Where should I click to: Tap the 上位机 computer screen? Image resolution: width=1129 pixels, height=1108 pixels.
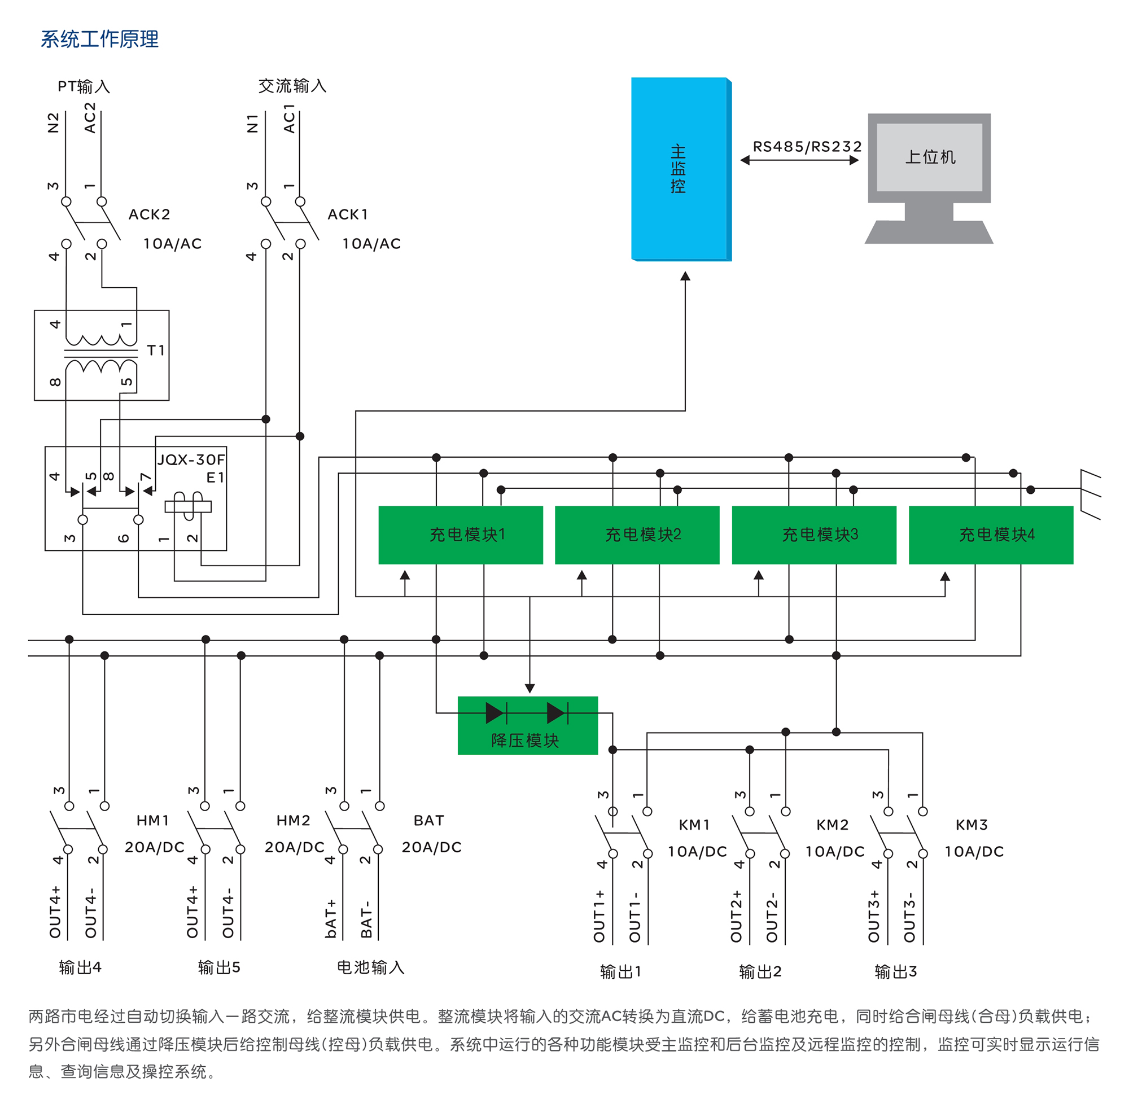point(929,157)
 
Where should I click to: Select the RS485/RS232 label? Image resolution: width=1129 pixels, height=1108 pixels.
point(807,147)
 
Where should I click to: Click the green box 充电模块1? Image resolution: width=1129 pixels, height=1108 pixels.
point(460,535)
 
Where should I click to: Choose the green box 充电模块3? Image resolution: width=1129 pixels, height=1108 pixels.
point(813,535)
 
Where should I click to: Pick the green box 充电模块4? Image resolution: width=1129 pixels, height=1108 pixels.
point(991,535)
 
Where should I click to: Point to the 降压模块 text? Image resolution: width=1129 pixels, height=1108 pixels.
point(525,740)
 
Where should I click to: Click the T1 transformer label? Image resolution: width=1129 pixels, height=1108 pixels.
point(156,351)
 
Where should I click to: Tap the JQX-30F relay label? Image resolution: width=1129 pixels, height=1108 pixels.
point(191,459)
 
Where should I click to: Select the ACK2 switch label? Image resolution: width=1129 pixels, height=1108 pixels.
point(150,214)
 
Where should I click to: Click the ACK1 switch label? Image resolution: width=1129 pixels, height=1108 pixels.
point(348,214)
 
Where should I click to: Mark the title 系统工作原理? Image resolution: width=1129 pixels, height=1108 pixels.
point(99,39)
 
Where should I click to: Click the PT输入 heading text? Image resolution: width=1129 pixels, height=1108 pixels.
point(84,87)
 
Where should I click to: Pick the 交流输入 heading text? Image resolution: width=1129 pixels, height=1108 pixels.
point(292,86)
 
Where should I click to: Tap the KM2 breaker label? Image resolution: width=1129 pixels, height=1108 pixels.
point(832,825)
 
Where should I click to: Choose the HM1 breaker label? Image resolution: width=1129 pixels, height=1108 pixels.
point(153,821)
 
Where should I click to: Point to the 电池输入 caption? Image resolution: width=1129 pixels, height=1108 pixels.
point(370,967)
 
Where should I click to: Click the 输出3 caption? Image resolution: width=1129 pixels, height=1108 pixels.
point(896,971)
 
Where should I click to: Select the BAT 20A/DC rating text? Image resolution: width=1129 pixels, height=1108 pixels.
point(431,847)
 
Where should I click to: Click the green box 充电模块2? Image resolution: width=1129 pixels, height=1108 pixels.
point(637,535)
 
